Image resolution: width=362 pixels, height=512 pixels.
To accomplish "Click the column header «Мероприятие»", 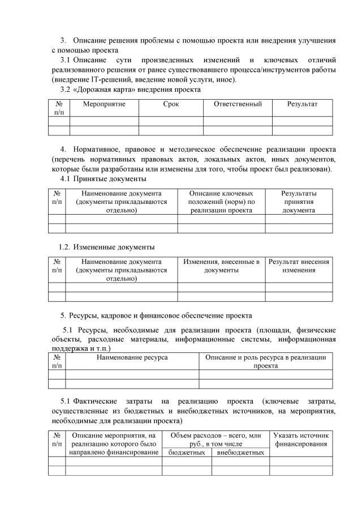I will pyautogui.click(x=104, y=104).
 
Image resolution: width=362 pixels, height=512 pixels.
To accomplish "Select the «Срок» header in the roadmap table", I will pyautogui.click(x=171, y=104).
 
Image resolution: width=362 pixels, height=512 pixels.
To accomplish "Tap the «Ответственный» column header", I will pyautogui.click(x=238, y=104).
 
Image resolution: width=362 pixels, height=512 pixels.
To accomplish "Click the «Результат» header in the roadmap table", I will pyautogui.click(x=302, y=104).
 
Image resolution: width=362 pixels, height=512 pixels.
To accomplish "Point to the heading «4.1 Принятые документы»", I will pyautogui.click(x=103, y=180).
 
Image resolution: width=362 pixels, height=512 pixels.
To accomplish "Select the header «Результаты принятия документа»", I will pyautogui.click(x=299, y=202).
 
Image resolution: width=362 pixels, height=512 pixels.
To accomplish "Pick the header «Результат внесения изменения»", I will pyautogui.click(x=299, y=266).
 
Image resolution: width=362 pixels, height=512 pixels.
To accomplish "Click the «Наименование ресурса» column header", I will pyautogui.click(x=132, y=357).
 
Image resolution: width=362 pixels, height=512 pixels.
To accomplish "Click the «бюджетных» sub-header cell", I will pyautogui.click(x=186, y=453).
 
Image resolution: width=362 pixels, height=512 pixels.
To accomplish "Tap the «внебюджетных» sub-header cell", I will pyautogui.click(x=240, y=453).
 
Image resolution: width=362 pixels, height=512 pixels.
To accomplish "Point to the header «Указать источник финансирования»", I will pyautogui.click(x=300, y=440).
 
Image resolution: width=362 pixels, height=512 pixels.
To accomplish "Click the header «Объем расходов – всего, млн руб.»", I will pyautogui.click(x=215, y=440).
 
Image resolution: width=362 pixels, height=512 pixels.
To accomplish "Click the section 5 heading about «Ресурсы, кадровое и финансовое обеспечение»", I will pyautogui.click(x=161, y=315).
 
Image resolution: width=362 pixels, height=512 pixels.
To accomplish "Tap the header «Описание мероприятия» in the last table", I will pyautogui.click(x=113, y=443).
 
